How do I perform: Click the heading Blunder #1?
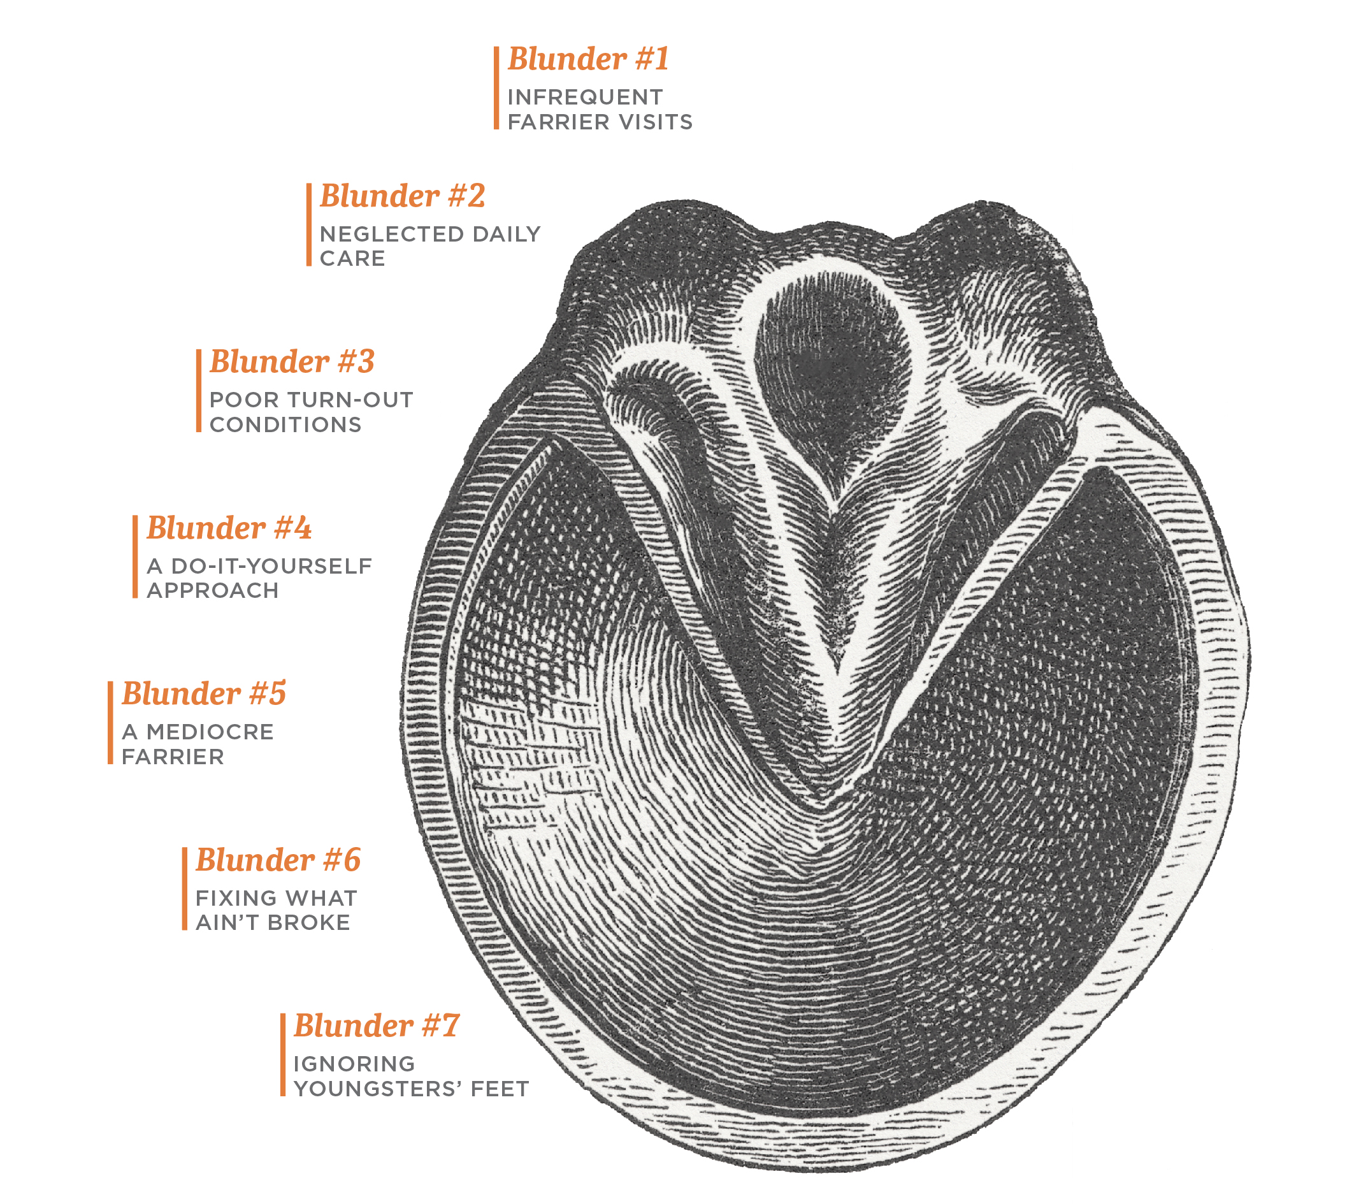coord(588,60)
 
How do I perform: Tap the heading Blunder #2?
coord(402,197)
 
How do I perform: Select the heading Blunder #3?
coord(292,363)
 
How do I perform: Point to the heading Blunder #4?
coord(229,529)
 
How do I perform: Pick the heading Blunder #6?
coord(278,860)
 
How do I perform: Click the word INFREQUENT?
coord(585,98)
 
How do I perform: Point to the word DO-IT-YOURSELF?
coord(271,567)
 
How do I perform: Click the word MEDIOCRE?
coord(210,732)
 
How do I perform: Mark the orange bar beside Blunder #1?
coord(496,88)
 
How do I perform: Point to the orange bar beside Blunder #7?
coord(283,1055)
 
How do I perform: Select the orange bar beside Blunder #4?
coord(135,557)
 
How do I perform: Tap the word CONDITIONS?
coord(285,425)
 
